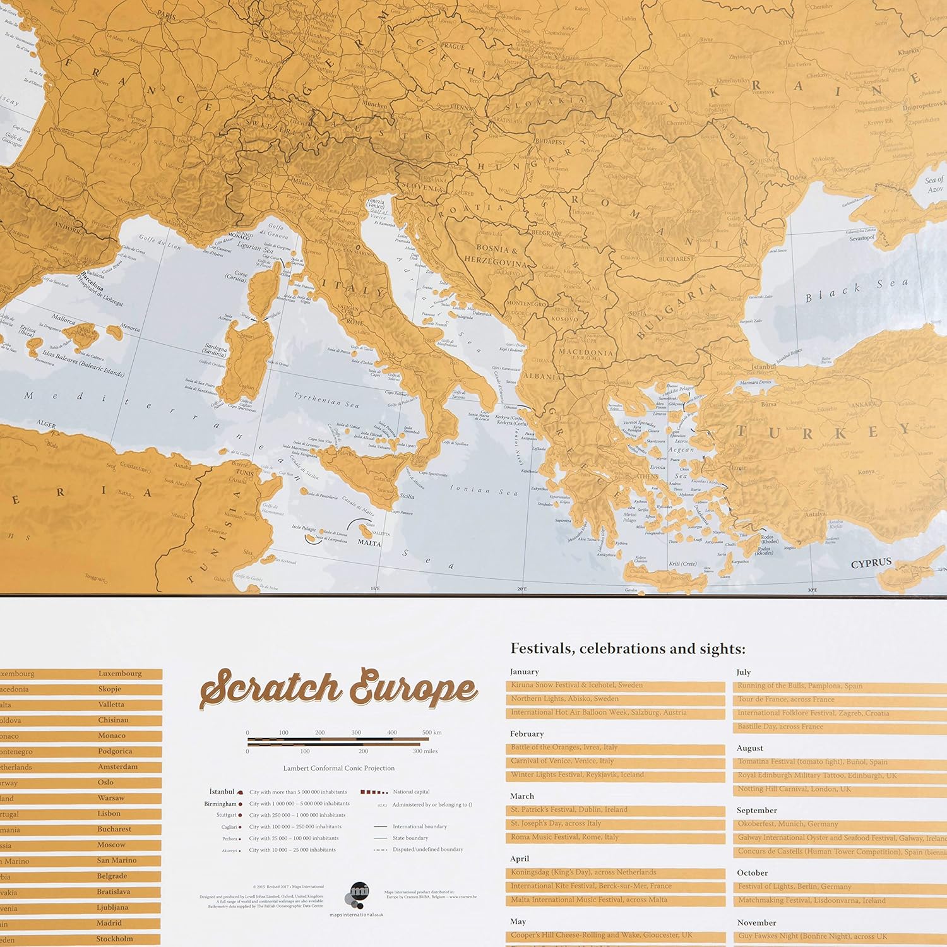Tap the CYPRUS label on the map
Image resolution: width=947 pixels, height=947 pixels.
pos(871,563)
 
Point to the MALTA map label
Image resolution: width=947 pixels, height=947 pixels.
pos(369,542)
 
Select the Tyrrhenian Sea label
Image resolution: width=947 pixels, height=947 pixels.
pos(326,400)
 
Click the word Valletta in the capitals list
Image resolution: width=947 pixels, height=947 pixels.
pos(111,705)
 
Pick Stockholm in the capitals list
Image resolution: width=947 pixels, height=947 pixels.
pos(114,939)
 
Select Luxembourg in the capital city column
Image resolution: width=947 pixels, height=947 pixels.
pos(120,674)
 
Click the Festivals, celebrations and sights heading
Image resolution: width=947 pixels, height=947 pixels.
pos(628,649)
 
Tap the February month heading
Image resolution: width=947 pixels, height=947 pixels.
pos(527,734)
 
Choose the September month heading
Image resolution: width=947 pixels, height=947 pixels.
pos(756,810)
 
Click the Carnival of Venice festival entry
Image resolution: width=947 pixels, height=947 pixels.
pos(562,761)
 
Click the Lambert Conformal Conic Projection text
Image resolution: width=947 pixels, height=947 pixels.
pos(339,768)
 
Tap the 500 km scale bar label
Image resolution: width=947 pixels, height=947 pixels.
pos(432,732)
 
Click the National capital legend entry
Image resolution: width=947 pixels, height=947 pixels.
pos(411,792)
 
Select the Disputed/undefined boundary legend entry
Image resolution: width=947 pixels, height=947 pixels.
pos(427,850)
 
